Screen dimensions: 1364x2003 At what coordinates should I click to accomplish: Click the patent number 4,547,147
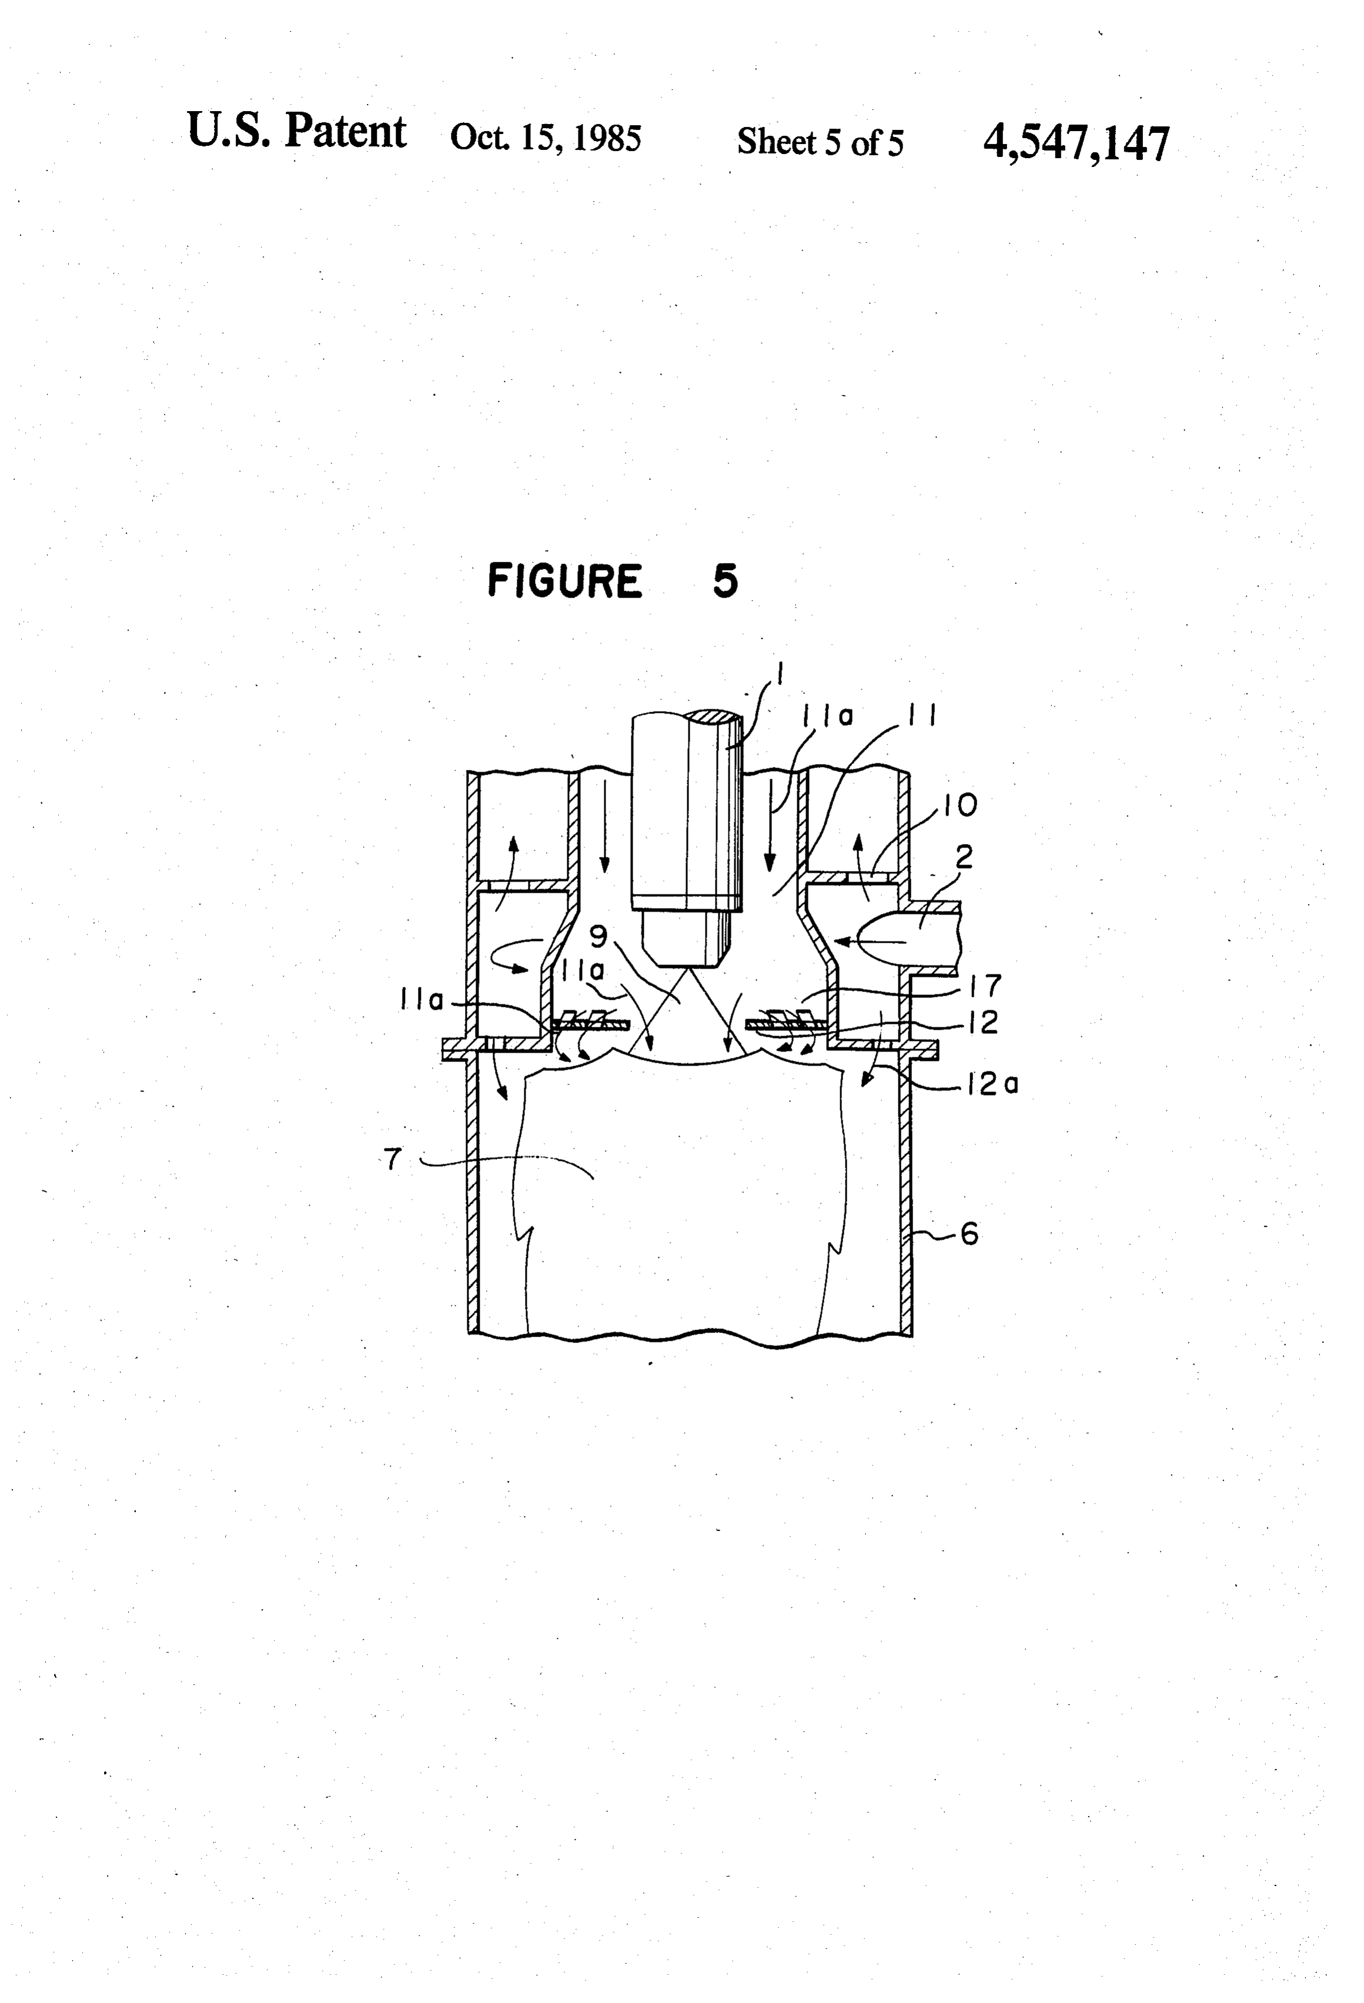point(1076,142)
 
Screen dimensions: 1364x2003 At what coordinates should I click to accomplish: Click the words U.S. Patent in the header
point(296,131)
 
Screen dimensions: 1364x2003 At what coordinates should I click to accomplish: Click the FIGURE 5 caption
point(613,580)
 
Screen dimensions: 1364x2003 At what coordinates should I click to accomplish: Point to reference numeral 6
point(969,1234)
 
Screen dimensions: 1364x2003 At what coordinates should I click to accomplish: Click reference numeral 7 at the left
point(393,1159)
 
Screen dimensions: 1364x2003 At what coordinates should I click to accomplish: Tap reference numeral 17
point(985,984)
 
